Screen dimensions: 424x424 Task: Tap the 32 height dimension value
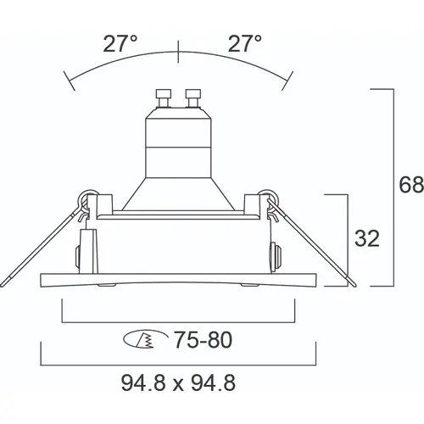pos(366,239)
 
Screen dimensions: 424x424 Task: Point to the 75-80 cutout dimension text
pos(204,340)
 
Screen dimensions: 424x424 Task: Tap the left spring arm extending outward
pos(34,246)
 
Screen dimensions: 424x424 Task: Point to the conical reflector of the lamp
pos(177,191)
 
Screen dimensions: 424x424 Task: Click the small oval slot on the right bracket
pos(275,255)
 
